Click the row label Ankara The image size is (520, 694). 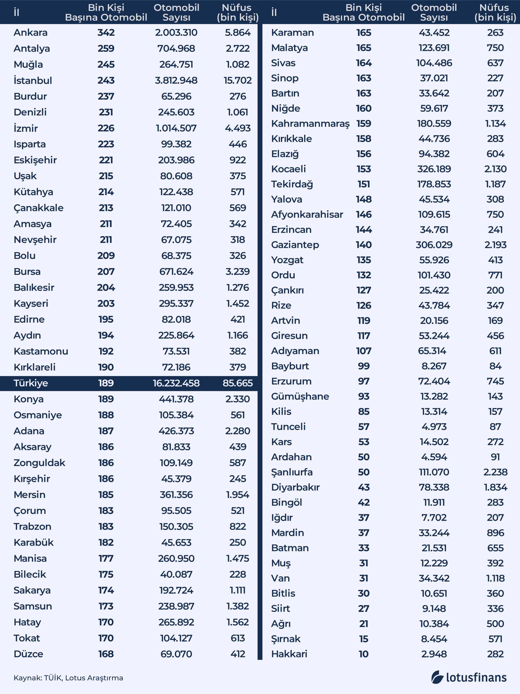pyautogui.click(x=30, y=33)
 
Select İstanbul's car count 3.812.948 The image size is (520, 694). pyautogui.click(x=176, y=80)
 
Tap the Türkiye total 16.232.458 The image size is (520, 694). pyautogui.click(x=176, y=383)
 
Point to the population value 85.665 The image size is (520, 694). pyautogui.click(x=238, y=383)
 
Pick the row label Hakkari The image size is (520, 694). pyautogui.click(x=289, y=654)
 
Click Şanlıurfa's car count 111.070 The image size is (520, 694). pyautogui.click(x=434, y=472)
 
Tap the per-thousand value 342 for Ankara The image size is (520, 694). pyautogui.click(x=106, y=33)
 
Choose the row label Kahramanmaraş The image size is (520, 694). pyautogui.click(x=310, y=124)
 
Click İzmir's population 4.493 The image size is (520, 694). pyautogui.click(x=238, y=128)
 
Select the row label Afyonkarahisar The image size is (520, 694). pyautogui.click(x=307, y=215)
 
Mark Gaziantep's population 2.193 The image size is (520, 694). pyautogui.click(x=495, y=245)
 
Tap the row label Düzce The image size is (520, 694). pyautogui.click(x=28, y=654)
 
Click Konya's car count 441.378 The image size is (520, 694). pyautogui.click(x=176, y=399)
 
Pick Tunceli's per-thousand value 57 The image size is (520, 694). pyautogui.click(x=363, y=427)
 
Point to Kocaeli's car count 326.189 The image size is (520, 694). pyautogui.click(x=434, y=169)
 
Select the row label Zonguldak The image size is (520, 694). pyautogui.click(x=39, y=463)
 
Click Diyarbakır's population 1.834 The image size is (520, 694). pyautogui.click(x=495, y=487)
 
